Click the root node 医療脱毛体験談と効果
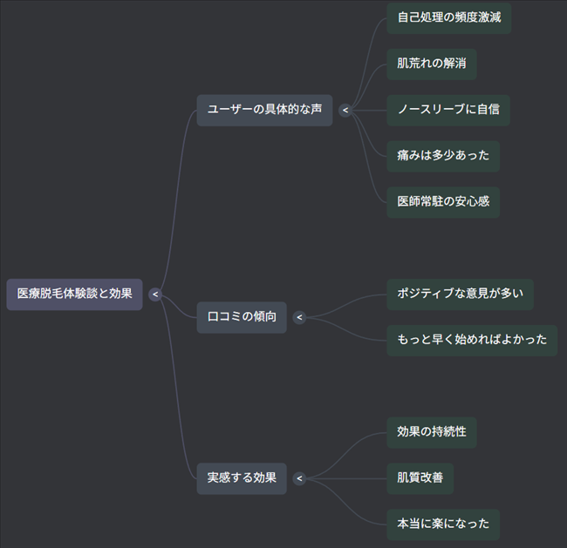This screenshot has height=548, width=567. point(74,294)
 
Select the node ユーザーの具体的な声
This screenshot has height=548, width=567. point(264,110)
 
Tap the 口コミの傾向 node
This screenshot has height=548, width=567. point(242,317)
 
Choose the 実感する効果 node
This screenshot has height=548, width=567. point(242,478)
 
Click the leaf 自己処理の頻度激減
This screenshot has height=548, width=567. point(448,17)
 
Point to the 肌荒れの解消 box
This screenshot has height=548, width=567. point(432,64)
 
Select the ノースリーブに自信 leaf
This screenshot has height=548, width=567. point(448,111)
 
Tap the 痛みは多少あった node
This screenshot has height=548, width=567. point(443,157)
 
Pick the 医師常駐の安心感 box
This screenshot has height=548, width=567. point(443,202)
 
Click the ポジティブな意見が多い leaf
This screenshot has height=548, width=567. point(460,294)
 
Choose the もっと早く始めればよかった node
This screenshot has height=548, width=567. point(472,340)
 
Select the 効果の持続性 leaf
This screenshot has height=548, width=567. point(432,432)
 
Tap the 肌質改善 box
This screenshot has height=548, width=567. point(420,478)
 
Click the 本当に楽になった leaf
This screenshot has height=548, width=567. point(443,524)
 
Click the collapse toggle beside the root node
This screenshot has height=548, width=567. point(155,294)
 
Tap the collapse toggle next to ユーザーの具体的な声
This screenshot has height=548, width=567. point(345,111)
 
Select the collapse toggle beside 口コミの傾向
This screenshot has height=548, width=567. point(299,317)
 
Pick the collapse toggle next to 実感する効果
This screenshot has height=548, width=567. point(299,478)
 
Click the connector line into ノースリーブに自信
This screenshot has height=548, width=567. point(370,111)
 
